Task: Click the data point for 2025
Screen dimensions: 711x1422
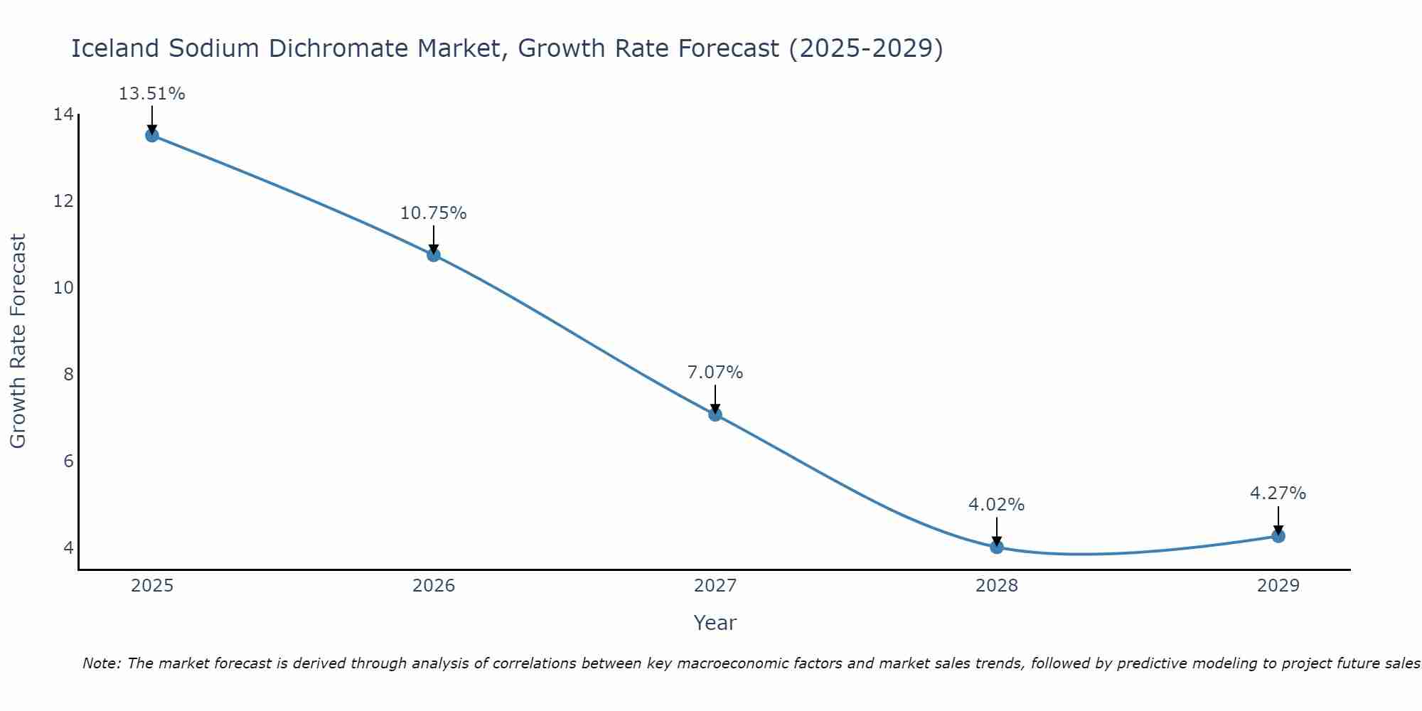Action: point(152,135)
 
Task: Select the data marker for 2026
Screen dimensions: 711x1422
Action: point(434,255)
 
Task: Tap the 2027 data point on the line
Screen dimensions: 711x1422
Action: point(715,415)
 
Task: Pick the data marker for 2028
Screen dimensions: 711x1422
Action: point(997,547)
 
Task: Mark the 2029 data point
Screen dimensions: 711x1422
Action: point(1278,536)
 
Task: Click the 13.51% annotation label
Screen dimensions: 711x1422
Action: point(151,94)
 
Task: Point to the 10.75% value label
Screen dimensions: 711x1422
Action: point(433,213)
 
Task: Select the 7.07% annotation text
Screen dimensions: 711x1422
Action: point(715,373)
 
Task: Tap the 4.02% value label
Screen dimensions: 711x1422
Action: point(996,505)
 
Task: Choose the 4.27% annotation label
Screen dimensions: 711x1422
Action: point(1278,493)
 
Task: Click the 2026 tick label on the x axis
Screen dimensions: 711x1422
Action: point(434,586)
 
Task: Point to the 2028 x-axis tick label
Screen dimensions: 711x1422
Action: point(997,586)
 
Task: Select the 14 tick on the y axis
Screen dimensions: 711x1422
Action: point(63,114)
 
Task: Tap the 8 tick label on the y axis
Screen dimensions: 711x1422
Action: point(68,374)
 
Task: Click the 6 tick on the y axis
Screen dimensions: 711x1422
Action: point(68,461)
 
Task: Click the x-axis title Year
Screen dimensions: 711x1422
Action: point(715,623)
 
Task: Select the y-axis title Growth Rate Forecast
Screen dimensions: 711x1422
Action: point(18,341)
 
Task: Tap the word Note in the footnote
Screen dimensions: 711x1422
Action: point(102,663)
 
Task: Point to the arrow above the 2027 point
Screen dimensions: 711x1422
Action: point(715,398)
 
